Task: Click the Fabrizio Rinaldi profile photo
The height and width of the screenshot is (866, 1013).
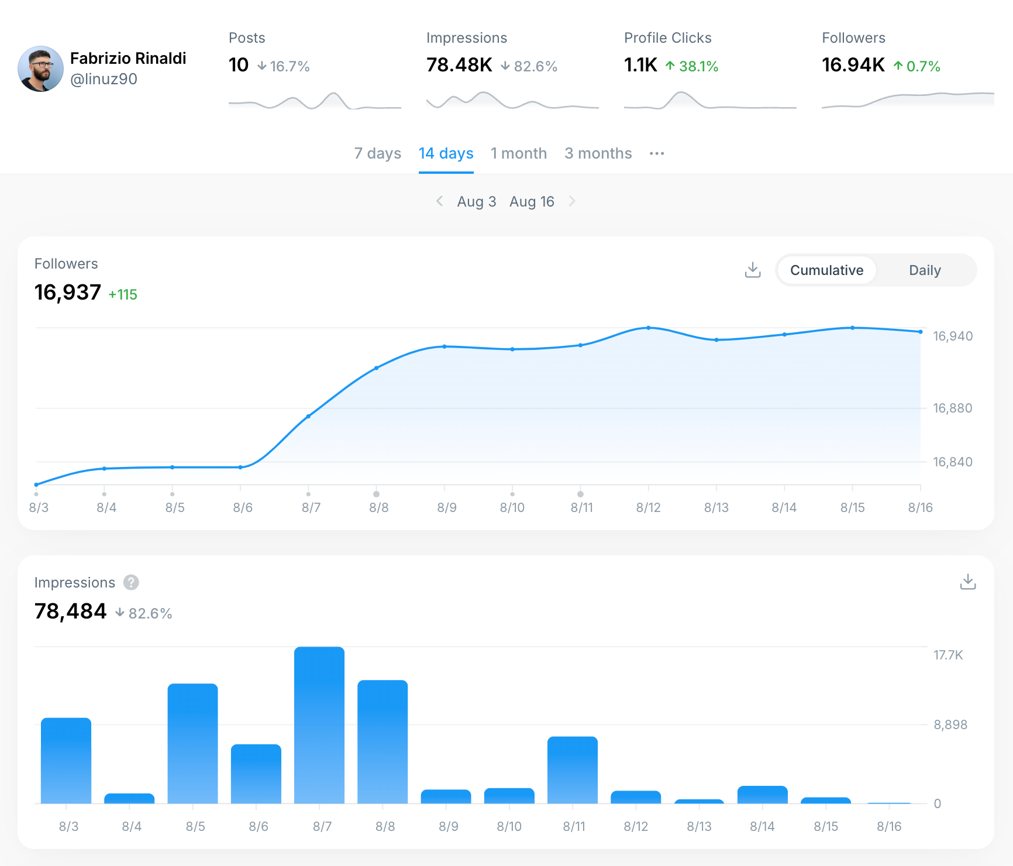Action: (x=40, y=69)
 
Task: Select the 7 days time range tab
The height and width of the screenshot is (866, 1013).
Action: (x=377, y=153)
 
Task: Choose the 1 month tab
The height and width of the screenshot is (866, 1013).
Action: (x=519, y=153)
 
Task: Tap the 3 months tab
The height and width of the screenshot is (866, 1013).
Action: (x=598, y=153)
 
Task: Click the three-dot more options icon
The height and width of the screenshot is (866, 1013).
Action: (x=657, y=153)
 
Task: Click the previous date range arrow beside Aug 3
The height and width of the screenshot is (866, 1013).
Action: (x=440, y=201)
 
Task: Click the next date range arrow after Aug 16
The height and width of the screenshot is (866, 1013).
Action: (x=572, y=201)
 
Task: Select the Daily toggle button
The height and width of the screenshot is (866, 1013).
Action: (x=925, y=270)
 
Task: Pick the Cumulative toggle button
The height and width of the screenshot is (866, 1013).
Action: (x=826, y=270)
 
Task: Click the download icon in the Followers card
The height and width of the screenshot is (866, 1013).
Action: (x=753, y=270)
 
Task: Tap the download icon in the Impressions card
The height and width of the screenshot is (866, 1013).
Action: (x=968, y=582)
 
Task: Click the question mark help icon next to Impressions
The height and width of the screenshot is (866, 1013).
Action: (x=131, y=583)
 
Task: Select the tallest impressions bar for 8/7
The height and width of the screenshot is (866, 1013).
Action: (x=319, y=726)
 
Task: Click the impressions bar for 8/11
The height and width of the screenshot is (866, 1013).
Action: (x=573, y=770)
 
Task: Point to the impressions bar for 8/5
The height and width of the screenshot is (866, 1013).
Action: (x=192, y=743)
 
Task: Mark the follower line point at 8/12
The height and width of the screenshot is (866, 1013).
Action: (x=648, y=328)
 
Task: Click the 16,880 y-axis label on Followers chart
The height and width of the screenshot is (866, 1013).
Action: (x=952, y=408)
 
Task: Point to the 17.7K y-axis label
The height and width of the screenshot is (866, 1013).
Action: (x=947, y=655)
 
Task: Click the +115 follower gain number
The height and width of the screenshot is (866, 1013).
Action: (x=123, y=294)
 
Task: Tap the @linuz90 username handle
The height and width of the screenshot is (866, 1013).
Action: (x=104, y=79)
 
